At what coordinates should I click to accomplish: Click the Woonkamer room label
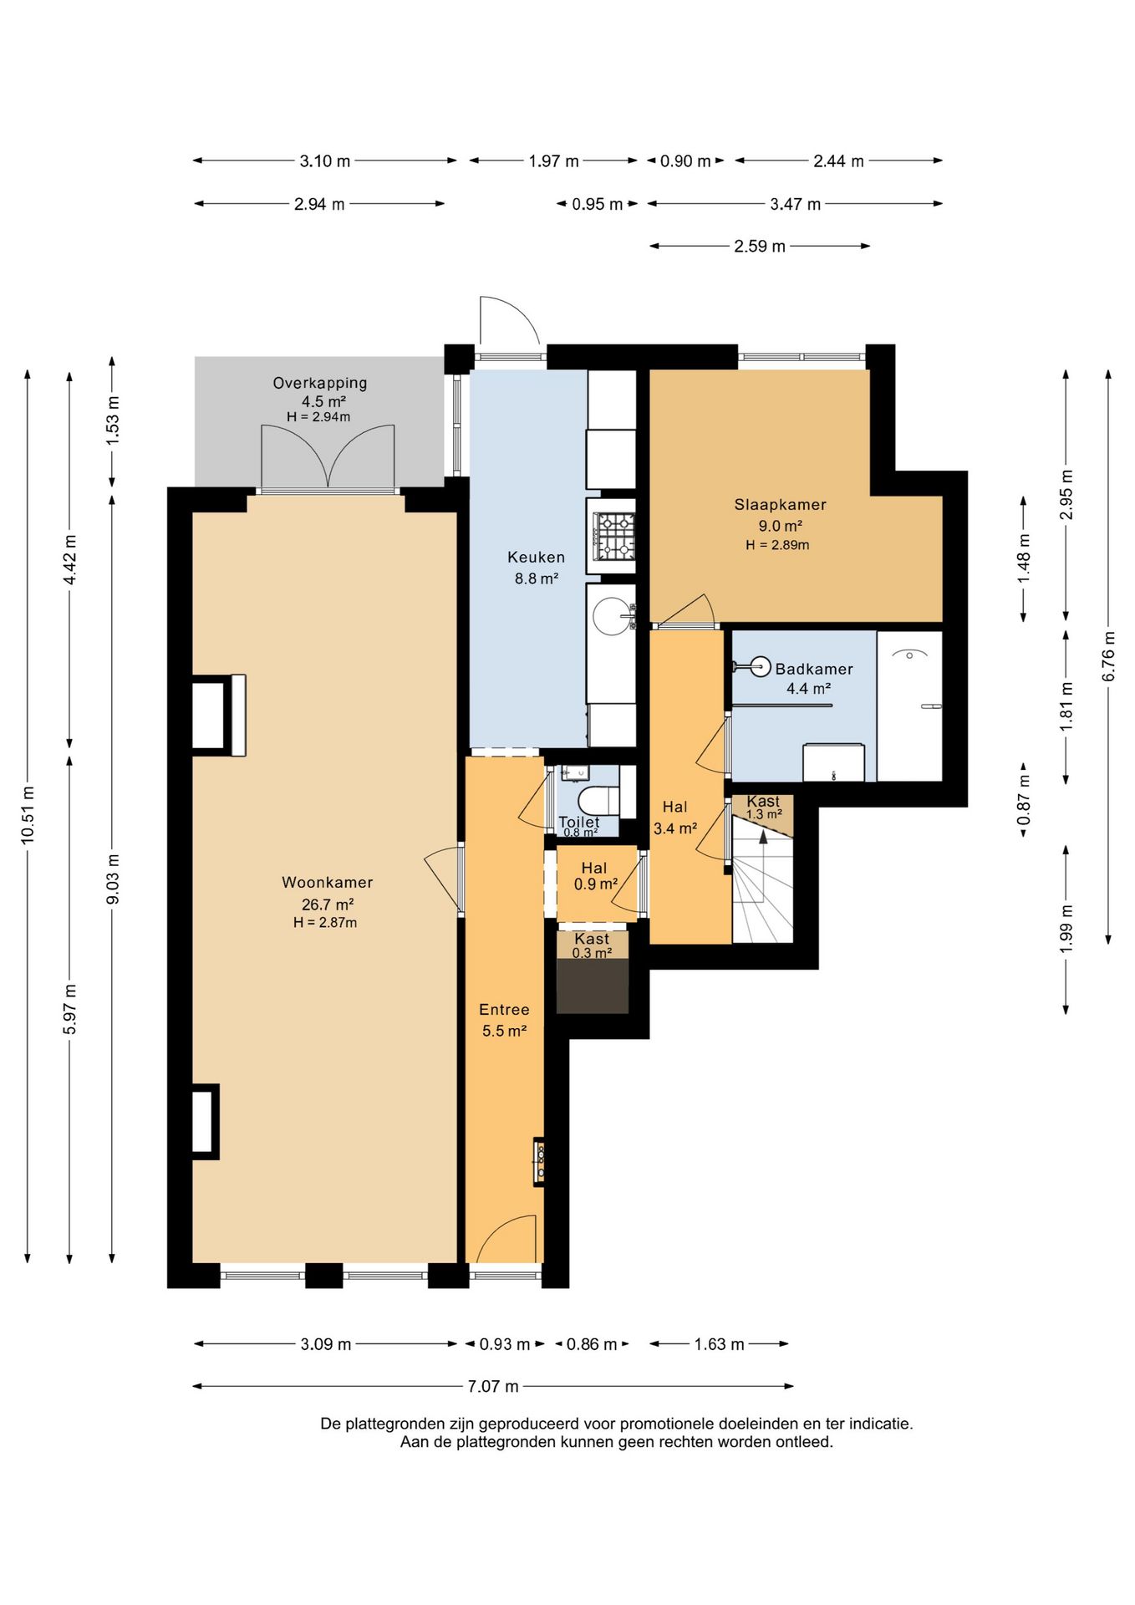(x=327, y=882)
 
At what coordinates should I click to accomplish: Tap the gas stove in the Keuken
(x=613, y=535)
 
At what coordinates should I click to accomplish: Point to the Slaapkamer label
(x=780, y=504)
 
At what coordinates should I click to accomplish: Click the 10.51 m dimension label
(x=28, y=815)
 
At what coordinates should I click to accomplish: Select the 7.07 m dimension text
(x=493, y=1386)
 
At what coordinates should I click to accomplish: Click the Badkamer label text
(x=814, y=669)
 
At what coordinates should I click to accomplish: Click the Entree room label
(x=504, y=1009)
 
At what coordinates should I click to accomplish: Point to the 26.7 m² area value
(x=327, y=904)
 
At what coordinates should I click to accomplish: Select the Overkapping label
(x=320, y=383)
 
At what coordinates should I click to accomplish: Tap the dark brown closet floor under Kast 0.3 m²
(x=593, y=986)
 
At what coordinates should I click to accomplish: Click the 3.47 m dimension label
(x=795, y=203)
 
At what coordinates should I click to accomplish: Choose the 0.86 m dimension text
(x=592, y=1344)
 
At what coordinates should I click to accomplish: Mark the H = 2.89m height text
(x=777, y=545)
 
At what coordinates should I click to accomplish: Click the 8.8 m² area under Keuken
(x=536, y=578)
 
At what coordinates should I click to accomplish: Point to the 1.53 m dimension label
(x=112, y=420)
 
